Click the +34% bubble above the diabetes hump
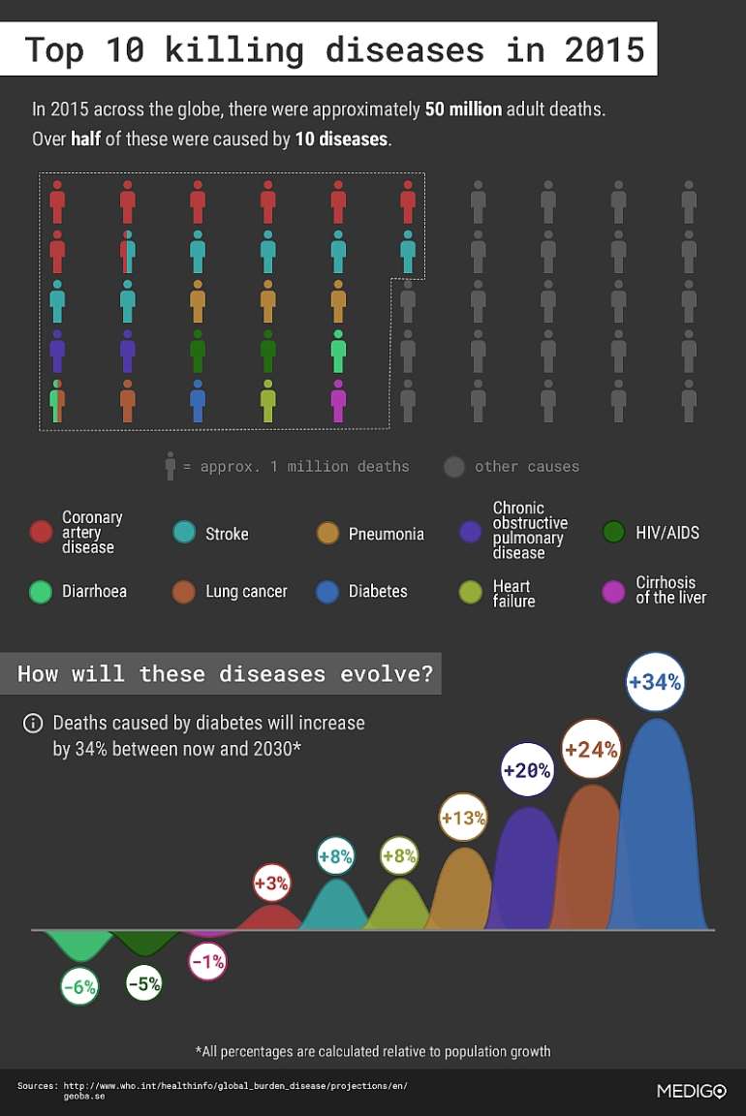point(655,682)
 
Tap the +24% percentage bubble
point(591,749)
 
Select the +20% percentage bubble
point(526,770)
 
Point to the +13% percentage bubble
point(463,819)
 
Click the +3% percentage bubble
point(271,883)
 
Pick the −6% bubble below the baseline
point(79,987)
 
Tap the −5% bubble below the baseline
point(143,983)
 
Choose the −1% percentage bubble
point(207,962)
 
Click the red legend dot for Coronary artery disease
point(41,532)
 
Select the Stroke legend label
point(227,534)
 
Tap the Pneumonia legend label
point(386,534)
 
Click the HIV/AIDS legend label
point(667,533)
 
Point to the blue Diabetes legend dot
point(327,592)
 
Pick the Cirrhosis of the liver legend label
point(670,590)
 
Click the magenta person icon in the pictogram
point(338,401)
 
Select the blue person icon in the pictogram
point(198,401)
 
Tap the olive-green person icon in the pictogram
point(268,401)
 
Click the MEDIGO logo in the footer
point(691,1091)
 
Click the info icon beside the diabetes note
point(33,724)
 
